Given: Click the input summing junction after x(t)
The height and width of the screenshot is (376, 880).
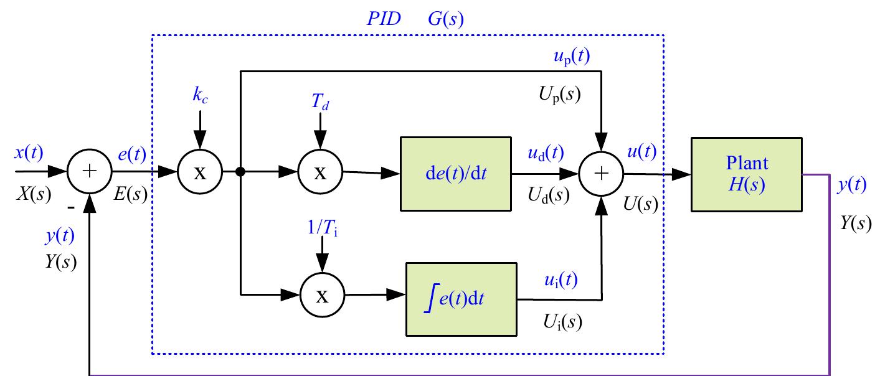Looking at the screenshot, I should (x=91, y=172).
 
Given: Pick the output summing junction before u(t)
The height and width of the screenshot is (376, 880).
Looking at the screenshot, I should (x=601, y=174).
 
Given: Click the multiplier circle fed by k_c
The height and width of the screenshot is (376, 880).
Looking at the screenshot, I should (x=199, y=172).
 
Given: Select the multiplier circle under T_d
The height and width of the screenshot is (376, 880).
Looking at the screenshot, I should (x=319, y=172).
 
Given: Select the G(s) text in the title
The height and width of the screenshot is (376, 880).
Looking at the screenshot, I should (x=445, y=19).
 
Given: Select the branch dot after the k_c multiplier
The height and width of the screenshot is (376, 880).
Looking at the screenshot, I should (x=240, y=172).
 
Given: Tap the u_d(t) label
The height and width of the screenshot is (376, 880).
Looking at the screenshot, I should (x=546, y=153).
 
